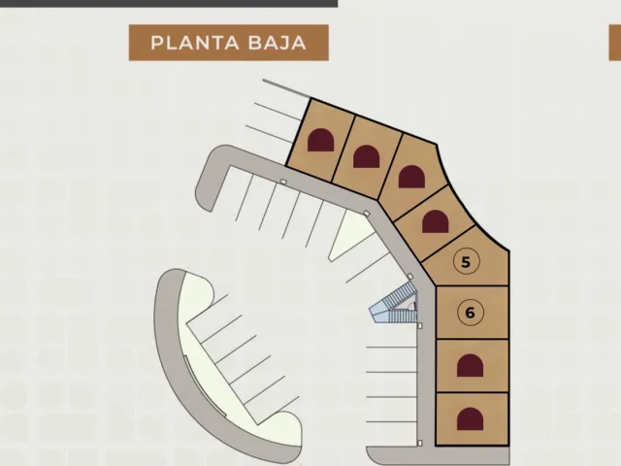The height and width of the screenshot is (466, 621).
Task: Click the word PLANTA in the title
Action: [194, 43]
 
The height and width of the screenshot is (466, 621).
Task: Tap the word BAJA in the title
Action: [278, 43]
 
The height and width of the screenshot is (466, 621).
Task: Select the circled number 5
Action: [466, 261]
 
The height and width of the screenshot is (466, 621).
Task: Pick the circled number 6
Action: [470, 313]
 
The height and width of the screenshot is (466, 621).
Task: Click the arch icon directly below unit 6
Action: [470, 365]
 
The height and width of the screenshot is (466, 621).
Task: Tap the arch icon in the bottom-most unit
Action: [470, 418]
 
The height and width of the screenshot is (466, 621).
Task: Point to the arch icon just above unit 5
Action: [436, 221]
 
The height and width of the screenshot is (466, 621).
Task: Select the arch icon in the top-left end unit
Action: [321, 140]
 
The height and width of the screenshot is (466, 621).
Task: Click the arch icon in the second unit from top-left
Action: [367, 156]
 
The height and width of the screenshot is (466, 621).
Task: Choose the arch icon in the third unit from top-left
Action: [411, 177]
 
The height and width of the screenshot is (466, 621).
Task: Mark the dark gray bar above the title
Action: [169, 3]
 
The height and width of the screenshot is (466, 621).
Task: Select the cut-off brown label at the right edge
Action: [615, 43]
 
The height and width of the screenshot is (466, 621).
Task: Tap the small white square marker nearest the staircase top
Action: [410, 277]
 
